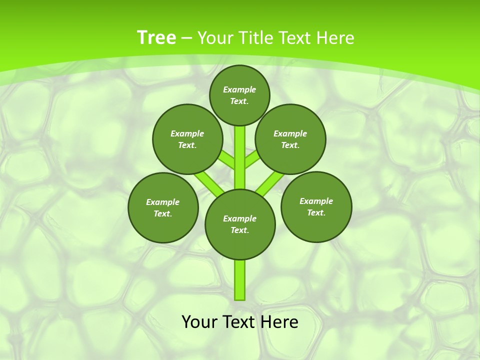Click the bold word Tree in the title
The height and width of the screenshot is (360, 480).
coord(156,37)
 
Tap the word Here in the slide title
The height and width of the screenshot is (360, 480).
coord(335,37)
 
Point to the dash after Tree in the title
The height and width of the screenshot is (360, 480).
coord(186,38)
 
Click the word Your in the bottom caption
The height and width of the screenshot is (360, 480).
coord(200,322)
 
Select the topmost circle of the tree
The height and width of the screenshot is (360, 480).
coord(239,95)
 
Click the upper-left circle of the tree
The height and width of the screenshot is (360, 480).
coord(187,139)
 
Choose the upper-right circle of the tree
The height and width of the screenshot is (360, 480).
coord(290,139)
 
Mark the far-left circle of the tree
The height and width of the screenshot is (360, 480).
coord(163,207)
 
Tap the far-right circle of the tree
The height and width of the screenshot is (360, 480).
coord(316,206)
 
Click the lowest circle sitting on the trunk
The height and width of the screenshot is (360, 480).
coord(240,224)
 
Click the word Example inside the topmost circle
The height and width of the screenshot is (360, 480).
coord(239,89)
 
